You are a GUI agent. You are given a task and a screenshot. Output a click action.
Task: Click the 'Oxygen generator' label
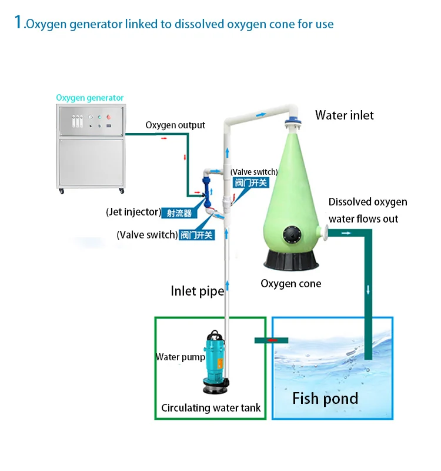tap(90, 98)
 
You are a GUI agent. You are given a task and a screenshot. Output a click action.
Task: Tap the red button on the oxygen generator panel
tap(108, 117)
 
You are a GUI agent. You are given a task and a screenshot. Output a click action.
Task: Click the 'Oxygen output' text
tap(175, 125)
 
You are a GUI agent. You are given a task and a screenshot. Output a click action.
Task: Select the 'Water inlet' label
tap(345, 115)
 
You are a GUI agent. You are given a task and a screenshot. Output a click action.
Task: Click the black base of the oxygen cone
tap(291, 260)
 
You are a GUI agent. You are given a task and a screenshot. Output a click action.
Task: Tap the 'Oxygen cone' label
tap(290, 284)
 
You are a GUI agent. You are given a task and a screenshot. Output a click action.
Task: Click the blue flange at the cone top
tap(293, 122)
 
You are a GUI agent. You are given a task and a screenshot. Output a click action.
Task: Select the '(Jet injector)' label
tap(133, 212)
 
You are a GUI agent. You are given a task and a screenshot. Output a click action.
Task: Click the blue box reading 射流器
tap(179, 213)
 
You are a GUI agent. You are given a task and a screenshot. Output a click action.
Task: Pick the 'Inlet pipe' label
tap(198, 291)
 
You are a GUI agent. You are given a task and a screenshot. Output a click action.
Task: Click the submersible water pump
tap(215, 363)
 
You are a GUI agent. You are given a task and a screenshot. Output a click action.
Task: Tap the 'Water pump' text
tap(181, 357)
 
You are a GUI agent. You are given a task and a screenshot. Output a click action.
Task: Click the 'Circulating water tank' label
tap(211, 407)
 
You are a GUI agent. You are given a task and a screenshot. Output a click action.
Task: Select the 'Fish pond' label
tap(325, 399)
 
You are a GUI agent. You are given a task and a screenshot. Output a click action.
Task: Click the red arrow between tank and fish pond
tap(272, 340)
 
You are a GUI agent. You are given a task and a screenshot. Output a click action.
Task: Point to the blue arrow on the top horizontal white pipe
tap(260, 114)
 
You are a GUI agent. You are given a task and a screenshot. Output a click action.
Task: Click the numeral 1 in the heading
tap(19, 22)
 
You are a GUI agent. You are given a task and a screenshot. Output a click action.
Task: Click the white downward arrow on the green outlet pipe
tap(368, 290)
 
